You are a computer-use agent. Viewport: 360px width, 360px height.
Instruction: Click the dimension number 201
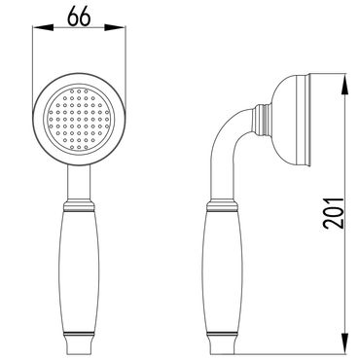[x=333, y=213]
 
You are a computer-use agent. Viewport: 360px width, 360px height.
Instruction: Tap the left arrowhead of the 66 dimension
[x=43, y=27]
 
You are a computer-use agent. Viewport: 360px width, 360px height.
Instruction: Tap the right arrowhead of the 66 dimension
[x=115, y=27]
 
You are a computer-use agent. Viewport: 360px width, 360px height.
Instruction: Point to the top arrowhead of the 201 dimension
[x=344, y=85]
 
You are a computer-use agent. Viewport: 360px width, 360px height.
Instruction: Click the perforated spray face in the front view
[x=79, y=120]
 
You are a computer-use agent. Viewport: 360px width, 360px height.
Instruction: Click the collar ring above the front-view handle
[x=79, y=205]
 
